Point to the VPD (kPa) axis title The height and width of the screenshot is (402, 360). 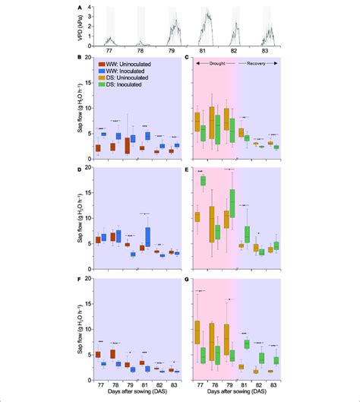81,27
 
